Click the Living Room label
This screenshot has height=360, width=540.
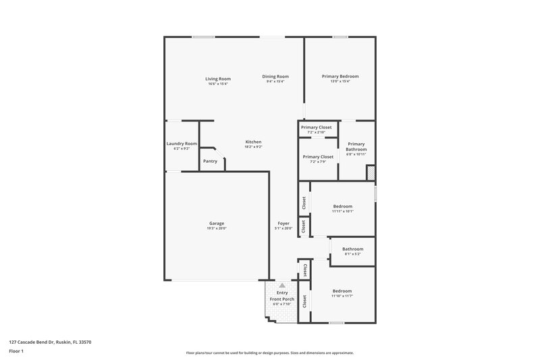click(x=217, y=78)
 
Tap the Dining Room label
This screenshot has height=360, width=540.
click(x=275, y=76)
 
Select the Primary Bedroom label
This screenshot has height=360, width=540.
click(x=340, y=76)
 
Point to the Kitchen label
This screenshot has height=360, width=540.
click(x=253, y=142)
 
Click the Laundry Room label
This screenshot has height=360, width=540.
click(x=182, y=143)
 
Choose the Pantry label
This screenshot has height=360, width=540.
click(x=210, y=161)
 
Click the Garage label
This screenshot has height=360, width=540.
click(x=217, y=223)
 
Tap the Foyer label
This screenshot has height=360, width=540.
click(x=283, y=223)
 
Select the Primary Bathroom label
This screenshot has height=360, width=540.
click(x=356, y=147)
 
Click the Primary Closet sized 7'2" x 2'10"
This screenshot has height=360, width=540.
click(x=317, y=127)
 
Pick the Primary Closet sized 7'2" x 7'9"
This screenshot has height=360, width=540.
click(x=317, y=157)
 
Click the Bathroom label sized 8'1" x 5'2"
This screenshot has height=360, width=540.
click(x=352, y=249)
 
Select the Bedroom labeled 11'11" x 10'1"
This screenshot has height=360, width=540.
click(x=343, y=206)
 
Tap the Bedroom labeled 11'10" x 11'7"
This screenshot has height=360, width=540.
click(x=343, y=291)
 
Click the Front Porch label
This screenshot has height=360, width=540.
click(x=282, y=299)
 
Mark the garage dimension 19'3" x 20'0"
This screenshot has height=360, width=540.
click(x=217, y=228)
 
